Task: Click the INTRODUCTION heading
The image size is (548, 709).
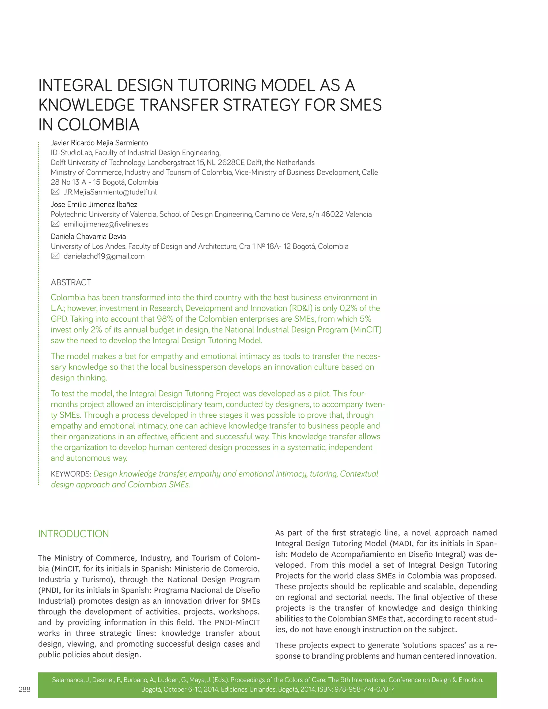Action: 73,534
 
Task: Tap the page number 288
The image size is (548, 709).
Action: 24,689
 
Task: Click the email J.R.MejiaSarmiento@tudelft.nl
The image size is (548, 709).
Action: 110,192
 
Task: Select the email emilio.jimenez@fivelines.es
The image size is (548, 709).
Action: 106,224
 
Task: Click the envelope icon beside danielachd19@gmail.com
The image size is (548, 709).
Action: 55,256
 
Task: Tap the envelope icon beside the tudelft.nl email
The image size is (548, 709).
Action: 55,192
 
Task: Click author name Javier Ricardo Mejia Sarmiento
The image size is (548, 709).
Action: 99,143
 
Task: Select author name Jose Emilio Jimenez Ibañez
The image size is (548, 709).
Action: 94,204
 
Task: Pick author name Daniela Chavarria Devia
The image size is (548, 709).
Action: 88,237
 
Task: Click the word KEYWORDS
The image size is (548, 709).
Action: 71,474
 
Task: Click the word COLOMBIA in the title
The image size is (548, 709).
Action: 98,125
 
